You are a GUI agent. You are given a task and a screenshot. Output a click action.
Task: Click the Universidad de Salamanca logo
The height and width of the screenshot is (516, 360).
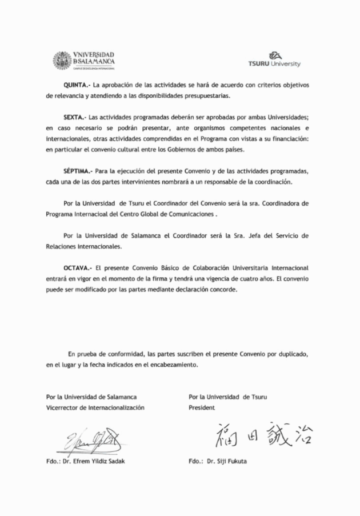pos(84,60)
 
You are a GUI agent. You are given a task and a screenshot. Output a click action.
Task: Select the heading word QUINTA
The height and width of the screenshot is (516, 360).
pos(74,85)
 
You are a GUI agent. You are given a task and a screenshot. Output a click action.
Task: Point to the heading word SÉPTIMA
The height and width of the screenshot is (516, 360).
pos(78,171)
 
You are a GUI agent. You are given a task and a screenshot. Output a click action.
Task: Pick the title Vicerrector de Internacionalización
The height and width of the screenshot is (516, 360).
pos(95,407)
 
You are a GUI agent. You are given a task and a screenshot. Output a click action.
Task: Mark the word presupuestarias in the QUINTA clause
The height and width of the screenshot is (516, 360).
pos(206,95)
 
